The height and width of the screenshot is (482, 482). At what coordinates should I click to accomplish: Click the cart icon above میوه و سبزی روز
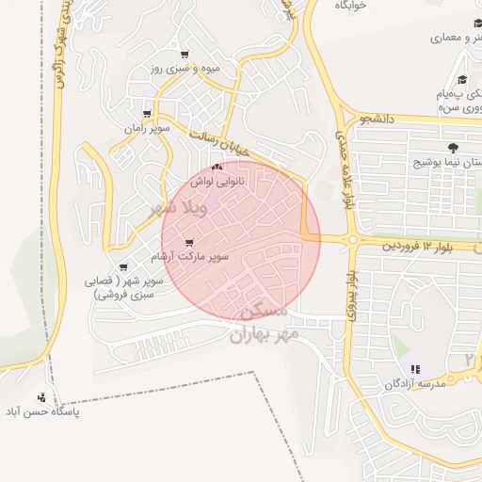pos(184,55)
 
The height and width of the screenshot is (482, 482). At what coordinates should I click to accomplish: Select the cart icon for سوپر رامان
pos(146,114)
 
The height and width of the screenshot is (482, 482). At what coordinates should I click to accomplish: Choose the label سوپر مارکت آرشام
pos(190,256)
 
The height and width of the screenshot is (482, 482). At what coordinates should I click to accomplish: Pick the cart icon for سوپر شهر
pos(123,268)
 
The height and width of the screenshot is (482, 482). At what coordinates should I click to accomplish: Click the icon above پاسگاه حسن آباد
pos(41,398)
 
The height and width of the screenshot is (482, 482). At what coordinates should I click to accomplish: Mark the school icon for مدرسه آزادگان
pos(416,368)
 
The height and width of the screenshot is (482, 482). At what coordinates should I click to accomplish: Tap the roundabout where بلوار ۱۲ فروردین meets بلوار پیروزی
pos(352,240)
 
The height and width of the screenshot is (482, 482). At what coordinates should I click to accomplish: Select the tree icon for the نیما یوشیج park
pos(454,148)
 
